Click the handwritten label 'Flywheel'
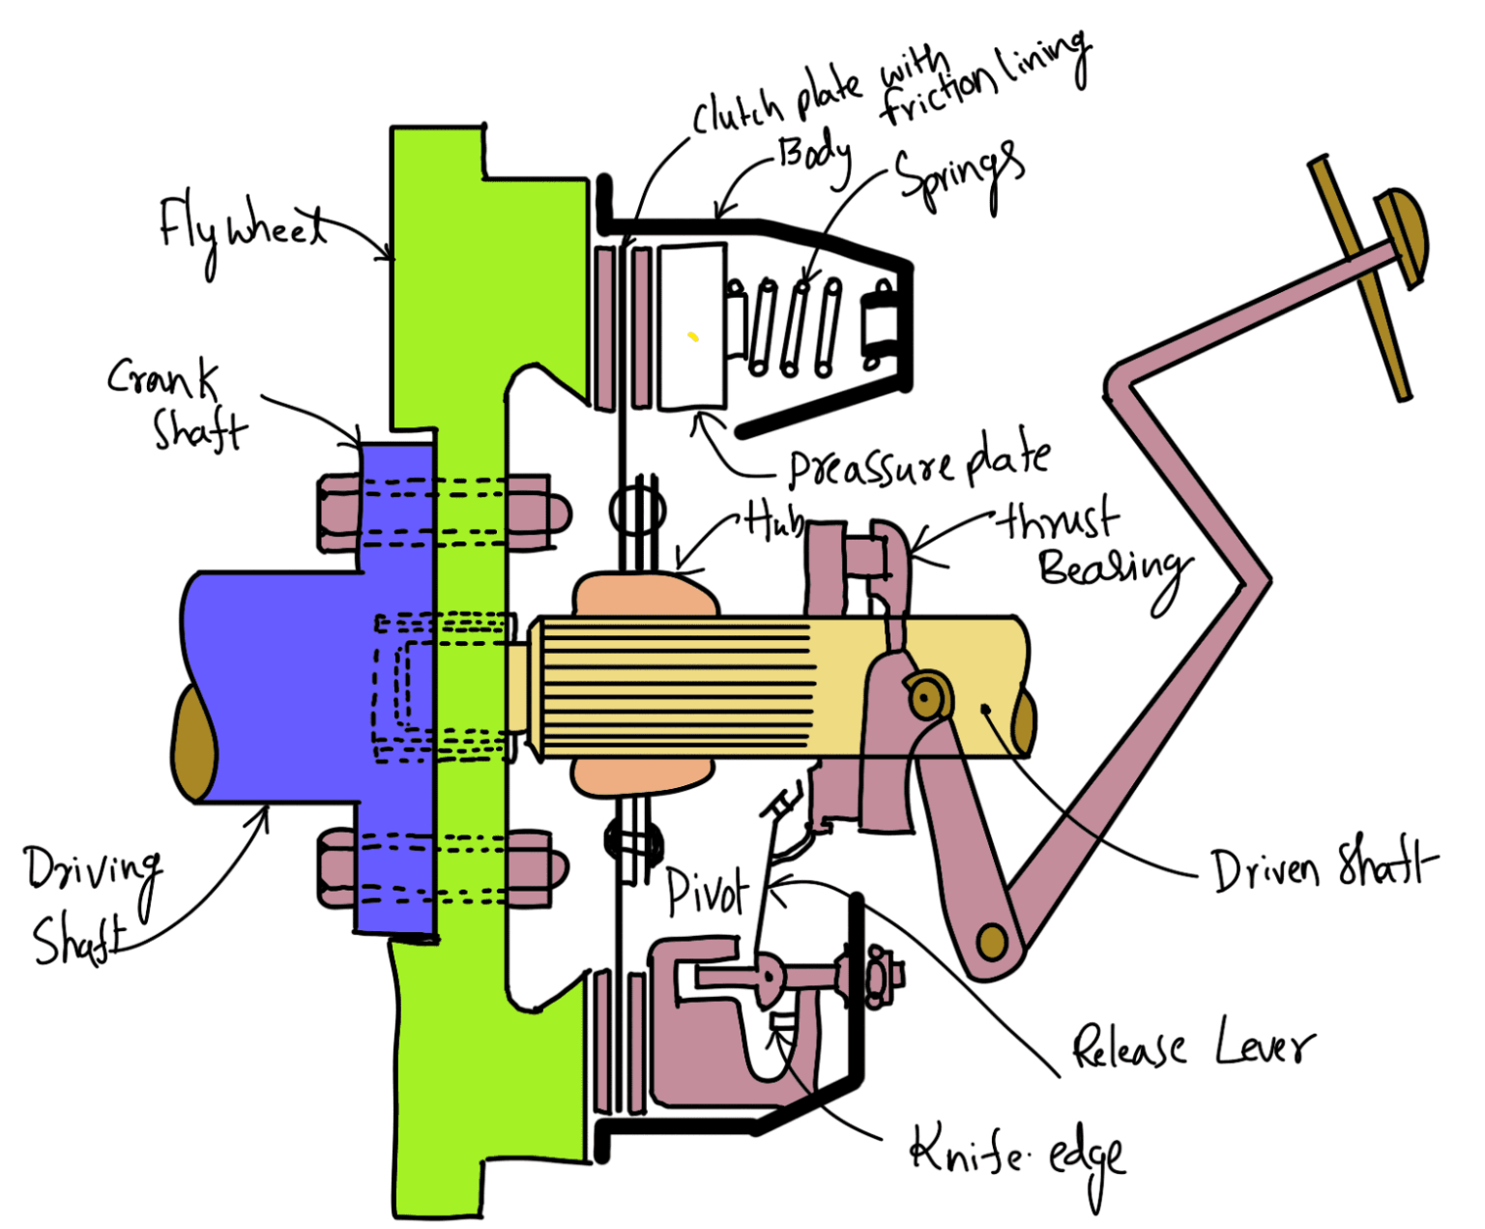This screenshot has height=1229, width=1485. pyautogui.click(x=242, y=228)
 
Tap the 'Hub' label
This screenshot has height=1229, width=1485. pyautogui.click(x=772, y=522)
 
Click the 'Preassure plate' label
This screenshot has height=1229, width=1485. pyautogui.click(x=918, y=463)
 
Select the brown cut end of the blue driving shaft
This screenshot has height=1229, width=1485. pyautogui.click(x=194, y=741)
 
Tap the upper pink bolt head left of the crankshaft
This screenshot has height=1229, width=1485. pyautogui.click(x=338, y=512)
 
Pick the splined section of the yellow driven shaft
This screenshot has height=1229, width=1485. pyautogui.click(x=677, y=687)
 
